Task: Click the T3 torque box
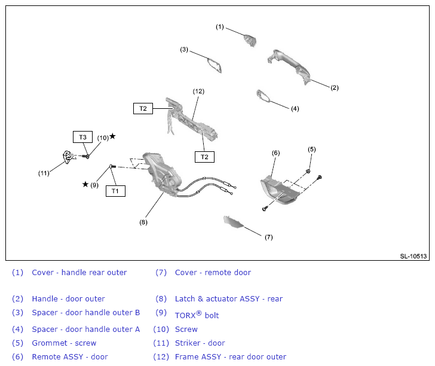point(82,137)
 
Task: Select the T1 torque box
point(115,191)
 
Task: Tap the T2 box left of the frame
point(143,108)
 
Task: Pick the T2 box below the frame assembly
point(204,157)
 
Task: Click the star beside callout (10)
point(112,136)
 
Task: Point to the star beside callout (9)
point(85,184)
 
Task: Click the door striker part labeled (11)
point(68,157)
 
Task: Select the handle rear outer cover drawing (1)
point(250,41)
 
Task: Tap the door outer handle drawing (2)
point(289,66)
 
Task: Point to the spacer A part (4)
point(263,96)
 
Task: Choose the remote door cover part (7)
point(233,222)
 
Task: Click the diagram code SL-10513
point(413,256)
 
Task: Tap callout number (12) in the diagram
point(198,91)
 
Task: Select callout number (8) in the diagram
point(143,222)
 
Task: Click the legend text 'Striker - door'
point(200,343)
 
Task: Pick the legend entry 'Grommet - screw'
point(64,343)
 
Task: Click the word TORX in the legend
point(185,315)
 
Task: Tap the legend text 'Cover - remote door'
point(213,273)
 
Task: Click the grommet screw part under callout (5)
point(308,171)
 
